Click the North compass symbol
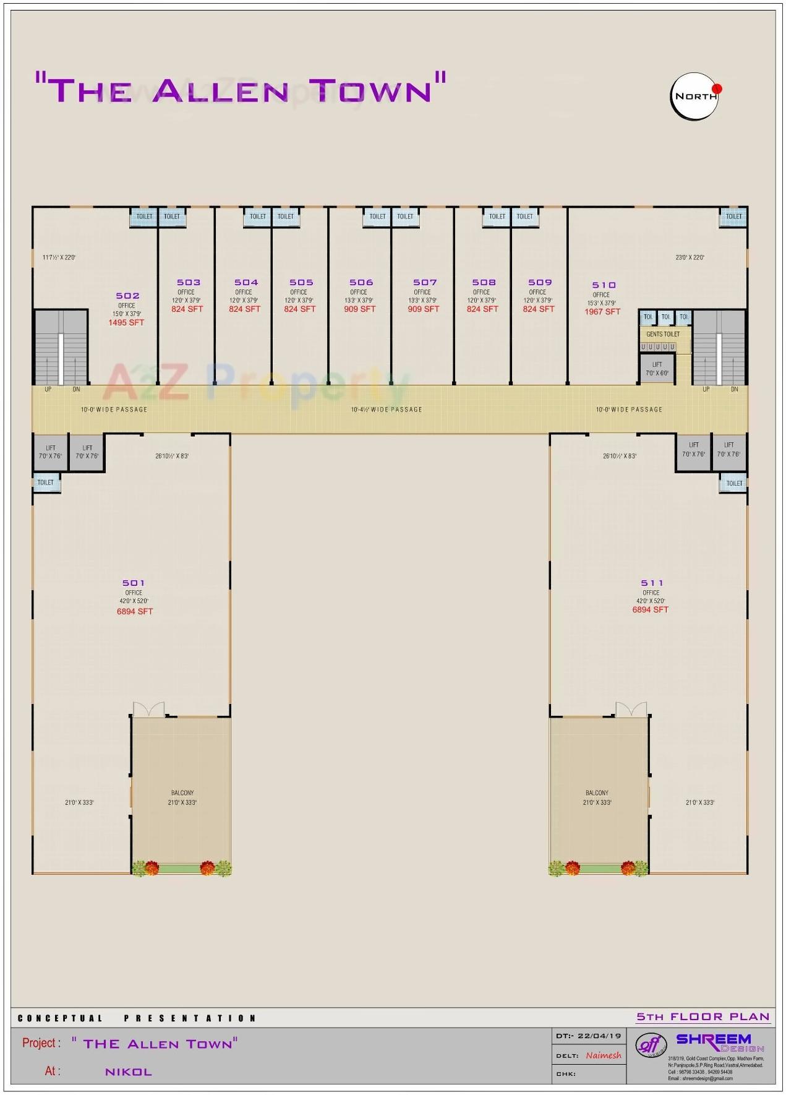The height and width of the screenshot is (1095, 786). point(695,96)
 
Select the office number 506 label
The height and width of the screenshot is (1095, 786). point(361,283)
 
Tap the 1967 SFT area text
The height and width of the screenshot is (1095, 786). point(602,312)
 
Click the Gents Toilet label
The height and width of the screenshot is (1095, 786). point(662,334)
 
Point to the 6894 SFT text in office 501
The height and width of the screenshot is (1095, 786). point(135,611)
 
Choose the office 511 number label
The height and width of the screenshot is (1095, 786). point(652,583)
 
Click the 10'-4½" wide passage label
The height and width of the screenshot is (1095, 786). point(387,410)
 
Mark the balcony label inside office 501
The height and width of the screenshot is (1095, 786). point(182,793)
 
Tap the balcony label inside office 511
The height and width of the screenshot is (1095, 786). point(597,793)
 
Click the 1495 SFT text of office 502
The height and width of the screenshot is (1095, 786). point(126,322)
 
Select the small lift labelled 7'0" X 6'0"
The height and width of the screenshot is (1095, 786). point(657,369)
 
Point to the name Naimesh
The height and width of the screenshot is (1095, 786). point(603,1055)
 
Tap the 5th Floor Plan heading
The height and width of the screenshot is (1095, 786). point(703,1016)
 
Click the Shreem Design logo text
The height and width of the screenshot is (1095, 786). point(714,1040)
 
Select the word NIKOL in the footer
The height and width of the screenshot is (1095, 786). point(129,1072)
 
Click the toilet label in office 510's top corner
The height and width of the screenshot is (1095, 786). point(734,217)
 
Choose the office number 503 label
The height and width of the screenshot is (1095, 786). point(189,283)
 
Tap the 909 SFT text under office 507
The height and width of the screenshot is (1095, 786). point(423,309)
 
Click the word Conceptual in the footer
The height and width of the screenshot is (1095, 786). point(60,1018)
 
